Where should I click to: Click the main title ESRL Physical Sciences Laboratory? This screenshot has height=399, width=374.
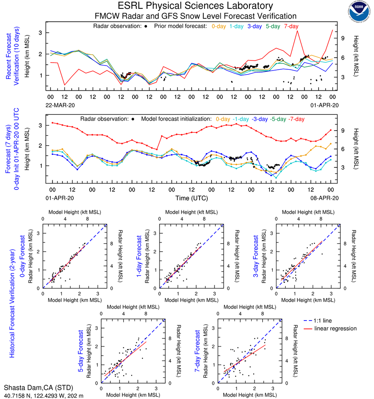click(196, 6)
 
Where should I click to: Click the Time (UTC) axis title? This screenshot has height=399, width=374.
click(191, 197)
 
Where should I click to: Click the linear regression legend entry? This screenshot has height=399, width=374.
click(336, 328)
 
